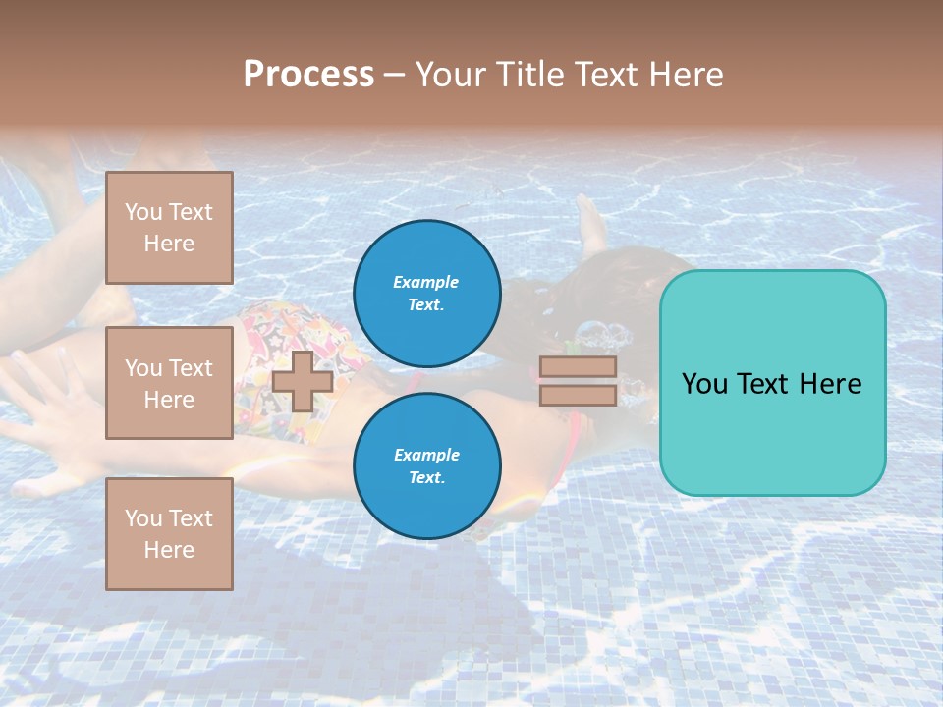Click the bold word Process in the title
point(308,75)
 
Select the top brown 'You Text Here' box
point(169,228)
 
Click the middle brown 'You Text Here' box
point(169,383)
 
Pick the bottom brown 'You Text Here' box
point(169,534)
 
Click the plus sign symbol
point(303,381)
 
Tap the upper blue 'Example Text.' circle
point(426,294)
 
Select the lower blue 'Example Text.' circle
point(426,466)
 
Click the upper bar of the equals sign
point(578,367)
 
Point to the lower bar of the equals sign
point(578,396)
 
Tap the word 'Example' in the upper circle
point(425,283)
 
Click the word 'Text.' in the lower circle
point(426,478)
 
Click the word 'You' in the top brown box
point(143,212)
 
